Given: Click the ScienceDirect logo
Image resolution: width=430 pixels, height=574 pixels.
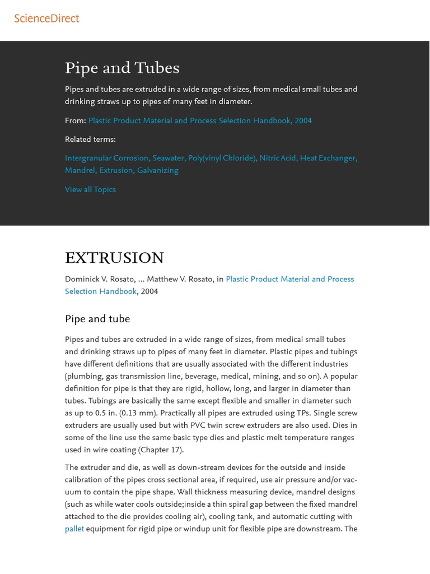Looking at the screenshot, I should (46, 18).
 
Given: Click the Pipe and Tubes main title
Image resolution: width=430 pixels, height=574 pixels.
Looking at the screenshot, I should (122, 68).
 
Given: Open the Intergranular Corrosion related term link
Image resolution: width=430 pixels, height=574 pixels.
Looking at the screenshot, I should (106, 158).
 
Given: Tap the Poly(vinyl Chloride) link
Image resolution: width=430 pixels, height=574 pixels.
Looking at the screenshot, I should (222, 158).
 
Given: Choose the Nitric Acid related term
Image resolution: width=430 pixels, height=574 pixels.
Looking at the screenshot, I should (278, 158).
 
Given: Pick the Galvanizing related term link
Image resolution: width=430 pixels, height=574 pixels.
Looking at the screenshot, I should (158, 170).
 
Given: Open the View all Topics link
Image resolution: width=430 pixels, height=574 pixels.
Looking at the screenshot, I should (90, 189).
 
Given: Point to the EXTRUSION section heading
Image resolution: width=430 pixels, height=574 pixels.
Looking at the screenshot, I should (114, 258).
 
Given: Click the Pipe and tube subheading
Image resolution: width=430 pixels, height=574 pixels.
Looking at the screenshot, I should (97, 319).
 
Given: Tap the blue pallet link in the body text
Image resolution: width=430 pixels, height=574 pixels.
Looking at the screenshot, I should (74, 529).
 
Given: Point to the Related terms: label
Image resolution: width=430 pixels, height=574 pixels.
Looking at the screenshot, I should (90, 140).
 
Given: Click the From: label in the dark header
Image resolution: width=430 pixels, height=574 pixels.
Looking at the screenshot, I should (75, 121).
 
